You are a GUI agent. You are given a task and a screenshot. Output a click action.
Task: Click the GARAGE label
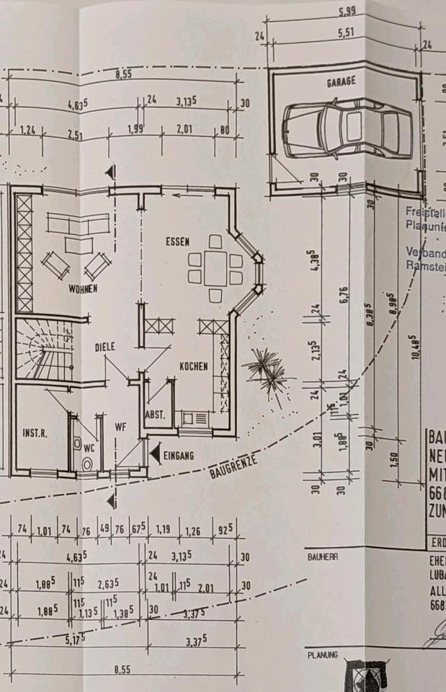coord(341,83)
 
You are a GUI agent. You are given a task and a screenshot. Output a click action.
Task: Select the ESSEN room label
coord(177,242)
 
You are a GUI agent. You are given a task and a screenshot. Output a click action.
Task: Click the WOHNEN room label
coord(83,288)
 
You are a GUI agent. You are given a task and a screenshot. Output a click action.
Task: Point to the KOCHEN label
coord(194,366)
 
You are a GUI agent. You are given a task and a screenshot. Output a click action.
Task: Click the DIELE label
coord(104,347)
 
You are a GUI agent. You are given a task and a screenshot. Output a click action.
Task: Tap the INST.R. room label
coord(35,433)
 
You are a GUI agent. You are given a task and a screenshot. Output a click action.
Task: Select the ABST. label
coord(156,415)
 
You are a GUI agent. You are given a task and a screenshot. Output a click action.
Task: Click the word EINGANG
coord(179,455)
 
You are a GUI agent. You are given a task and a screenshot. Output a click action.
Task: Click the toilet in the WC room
coord(87,464)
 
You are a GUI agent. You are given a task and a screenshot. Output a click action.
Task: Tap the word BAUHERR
coord(321,557)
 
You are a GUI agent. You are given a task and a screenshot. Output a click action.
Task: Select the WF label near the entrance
coord(120,427)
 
